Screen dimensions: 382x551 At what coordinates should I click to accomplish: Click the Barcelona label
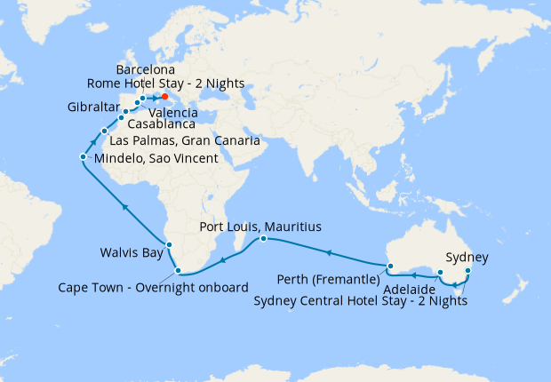tap(146, 69)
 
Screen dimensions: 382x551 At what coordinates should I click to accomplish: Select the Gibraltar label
tap(93, 107)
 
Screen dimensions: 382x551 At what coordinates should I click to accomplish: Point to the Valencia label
tap(173, 113)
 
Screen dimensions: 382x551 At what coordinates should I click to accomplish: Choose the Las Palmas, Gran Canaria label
tap(182, 141)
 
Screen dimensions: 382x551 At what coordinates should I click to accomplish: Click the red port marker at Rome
tap(165, 98)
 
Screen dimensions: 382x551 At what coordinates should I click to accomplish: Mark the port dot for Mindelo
tap(83, 157)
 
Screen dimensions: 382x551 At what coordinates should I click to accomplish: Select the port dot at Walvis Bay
tap(169, 244)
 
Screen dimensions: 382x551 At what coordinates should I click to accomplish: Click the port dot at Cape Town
tap(179, 271)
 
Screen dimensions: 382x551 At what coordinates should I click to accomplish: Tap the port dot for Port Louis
tap(263, 239)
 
